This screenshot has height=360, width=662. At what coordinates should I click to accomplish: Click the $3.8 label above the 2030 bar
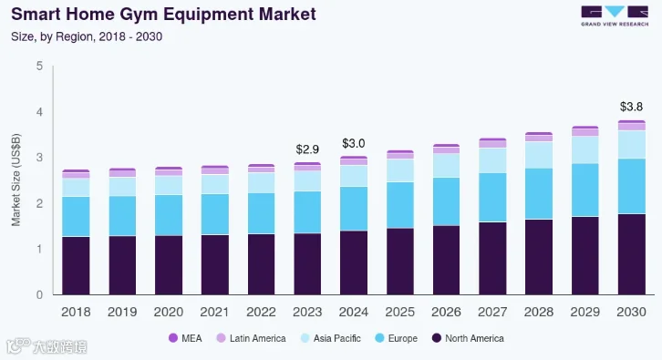(631, 107)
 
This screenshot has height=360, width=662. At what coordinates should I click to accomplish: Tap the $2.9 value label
(307, 149)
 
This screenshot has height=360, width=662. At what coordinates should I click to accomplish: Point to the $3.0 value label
(354, 143)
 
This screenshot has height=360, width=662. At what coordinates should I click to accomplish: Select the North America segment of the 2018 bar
(76, 265)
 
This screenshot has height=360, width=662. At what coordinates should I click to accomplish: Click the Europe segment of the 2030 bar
(632, 187)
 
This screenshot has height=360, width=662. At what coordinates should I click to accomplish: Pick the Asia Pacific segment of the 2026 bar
(446, 166)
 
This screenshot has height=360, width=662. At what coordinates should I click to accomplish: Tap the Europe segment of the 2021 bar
(215, 214)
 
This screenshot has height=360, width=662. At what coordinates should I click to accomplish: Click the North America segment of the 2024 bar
(354, 262)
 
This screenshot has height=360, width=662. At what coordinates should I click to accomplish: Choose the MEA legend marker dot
(173, 338)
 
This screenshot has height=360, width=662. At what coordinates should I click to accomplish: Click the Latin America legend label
(257, 338)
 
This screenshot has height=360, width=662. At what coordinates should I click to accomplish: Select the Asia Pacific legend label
(336, 338)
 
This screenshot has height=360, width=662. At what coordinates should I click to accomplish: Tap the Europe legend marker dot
(379, 338)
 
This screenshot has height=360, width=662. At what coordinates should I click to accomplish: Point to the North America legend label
(474, 338)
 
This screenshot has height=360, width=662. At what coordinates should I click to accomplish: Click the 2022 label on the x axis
(261, 312)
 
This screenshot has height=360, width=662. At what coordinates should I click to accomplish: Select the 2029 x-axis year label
(585, 312)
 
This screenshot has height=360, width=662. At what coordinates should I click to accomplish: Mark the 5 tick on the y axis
(40, 66)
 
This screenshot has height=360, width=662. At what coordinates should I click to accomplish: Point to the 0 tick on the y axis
(40, 294)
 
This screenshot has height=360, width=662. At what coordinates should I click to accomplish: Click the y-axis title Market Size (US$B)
(16, 180)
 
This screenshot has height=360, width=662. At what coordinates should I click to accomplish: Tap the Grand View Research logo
(615, 16)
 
